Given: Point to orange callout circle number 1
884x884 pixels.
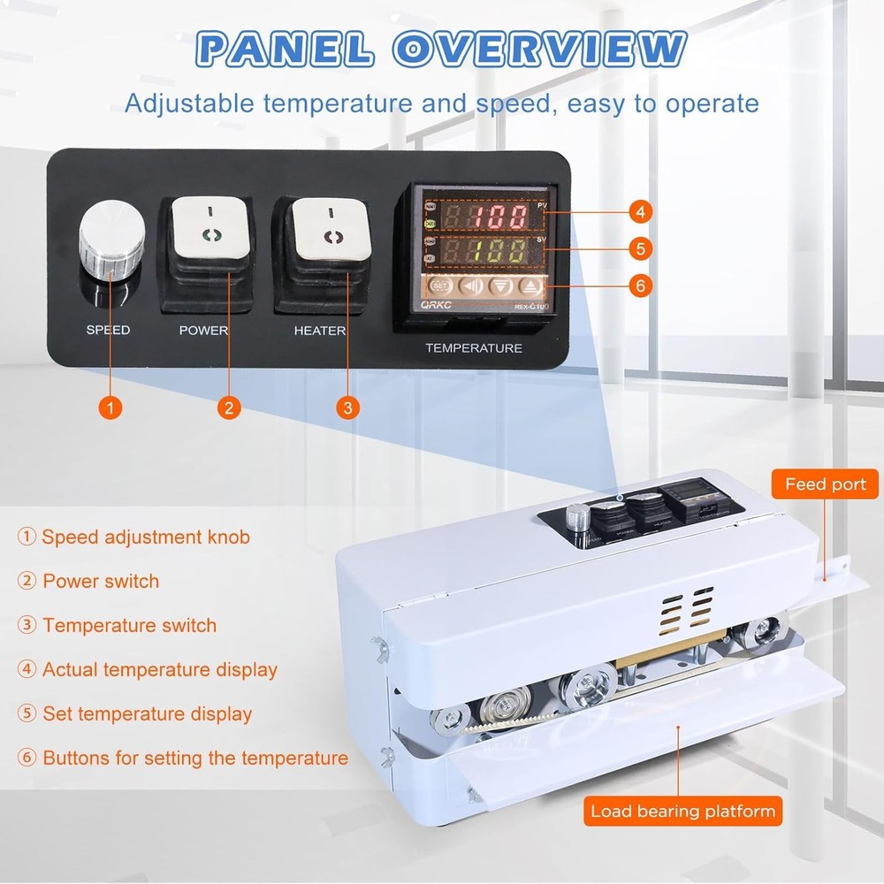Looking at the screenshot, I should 110,408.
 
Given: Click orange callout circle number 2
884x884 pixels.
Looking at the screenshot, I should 228,408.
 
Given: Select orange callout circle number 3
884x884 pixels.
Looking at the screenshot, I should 347,408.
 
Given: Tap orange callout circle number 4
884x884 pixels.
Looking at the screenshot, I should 642,212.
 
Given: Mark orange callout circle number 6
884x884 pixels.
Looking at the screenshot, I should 642,286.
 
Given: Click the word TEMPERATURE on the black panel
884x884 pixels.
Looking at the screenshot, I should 474,347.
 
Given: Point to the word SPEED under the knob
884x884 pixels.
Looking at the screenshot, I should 108,330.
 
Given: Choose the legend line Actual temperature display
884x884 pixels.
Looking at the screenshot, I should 148,669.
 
